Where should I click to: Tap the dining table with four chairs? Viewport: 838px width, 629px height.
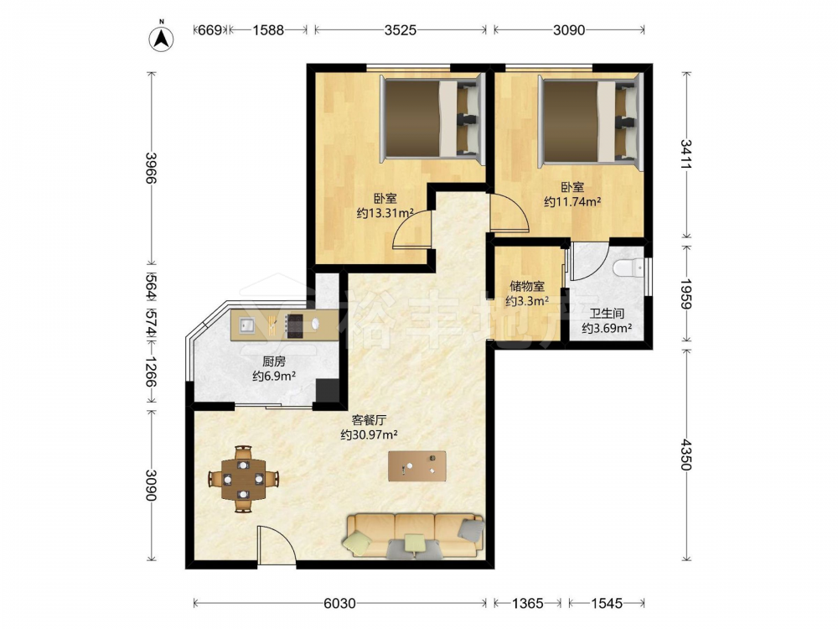coord(243,479)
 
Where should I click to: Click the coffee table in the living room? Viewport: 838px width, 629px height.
coord(416,465)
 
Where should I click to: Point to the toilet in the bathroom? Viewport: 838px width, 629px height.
coord(628,268)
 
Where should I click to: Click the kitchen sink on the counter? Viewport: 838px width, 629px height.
coord(246,325)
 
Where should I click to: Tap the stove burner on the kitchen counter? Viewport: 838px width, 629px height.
coord(295,325)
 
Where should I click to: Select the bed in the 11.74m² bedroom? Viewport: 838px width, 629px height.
coord(590,119)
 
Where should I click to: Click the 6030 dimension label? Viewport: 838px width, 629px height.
coord(339,603)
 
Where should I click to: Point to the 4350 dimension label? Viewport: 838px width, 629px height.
coord(685,455)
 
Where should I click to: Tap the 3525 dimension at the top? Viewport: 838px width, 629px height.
coord(401,30)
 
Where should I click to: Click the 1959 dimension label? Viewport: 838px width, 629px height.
coord(685,294)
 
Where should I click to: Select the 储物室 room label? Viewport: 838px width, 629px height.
coord(527,286)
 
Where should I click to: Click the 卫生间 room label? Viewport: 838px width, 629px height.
coord(607,314)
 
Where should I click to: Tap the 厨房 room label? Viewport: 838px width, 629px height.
coord(274,361)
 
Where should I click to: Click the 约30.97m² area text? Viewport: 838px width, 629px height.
coord(370,434)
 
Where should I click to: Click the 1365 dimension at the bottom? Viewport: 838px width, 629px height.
coord(527,603)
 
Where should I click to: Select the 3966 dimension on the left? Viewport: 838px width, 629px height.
coord(151,168)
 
